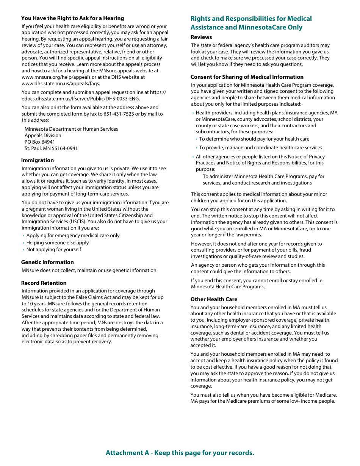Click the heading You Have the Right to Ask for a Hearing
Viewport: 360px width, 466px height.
click(72, 18)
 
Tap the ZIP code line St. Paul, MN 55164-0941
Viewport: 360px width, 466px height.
click(51, 148)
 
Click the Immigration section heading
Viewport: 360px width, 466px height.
click(38, 160)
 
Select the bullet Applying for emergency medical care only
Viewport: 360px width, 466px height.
click(73, 236)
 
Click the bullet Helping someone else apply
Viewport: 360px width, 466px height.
click(58, 242)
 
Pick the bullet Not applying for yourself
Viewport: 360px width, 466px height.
click(54, 250)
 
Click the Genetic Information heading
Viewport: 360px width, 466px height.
click(47, 262)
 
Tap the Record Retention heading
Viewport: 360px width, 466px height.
click(44, 283)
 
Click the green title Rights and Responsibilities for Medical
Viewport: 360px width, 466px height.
click(251, 19)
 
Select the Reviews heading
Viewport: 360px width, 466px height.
click(201, 37)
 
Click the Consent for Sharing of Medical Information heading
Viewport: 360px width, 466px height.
click(247, 77)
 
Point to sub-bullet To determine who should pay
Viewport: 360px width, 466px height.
click(254, 139)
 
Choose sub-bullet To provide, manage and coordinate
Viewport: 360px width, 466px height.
click(261, 148)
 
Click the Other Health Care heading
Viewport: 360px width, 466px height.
click(214, 299)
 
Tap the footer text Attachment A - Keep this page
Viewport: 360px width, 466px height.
click(180, 453)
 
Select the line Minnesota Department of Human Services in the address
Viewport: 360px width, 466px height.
click(71, 129)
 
